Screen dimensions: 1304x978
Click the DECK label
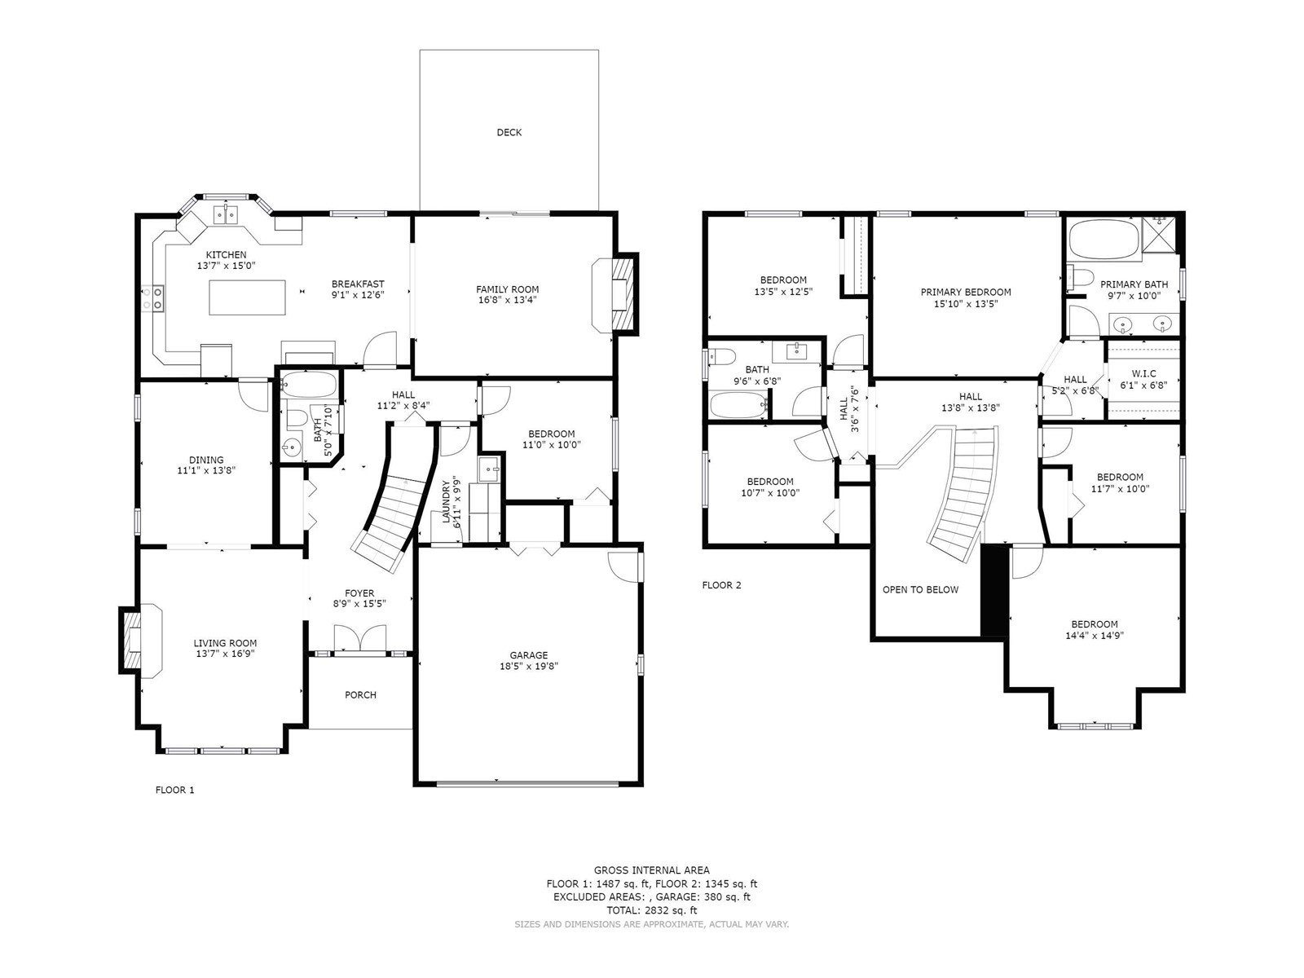[x=509, y=132]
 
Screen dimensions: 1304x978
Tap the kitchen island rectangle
[x=247, y=297]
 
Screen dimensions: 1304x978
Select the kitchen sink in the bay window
[x=226, y=214]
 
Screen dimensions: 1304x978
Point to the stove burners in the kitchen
[x=152, y=298]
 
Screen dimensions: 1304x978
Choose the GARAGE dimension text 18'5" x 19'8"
[x=529, y=666]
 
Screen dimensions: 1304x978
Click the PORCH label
[x=360, y=694]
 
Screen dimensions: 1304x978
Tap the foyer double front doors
[x=360, y=640]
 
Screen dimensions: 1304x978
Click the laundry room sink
[x=490, y=469]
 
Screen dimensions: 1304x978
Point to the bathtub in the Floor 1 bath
[x=308, y=385]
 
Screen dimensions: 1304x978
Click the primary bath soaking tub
[x=1104, y=239]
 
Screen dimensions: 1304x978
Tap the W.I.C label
[x=1143, y=373]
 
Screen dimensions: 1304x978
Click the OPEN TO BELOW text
[x=920, y=589]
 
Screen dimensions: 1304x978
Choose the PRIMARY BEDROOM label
[x=966, y=292]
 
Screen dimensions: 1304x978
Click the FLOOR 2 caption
[x=722, y=585]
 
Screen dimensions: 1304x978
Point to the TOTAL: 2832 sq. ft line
[x=652, y=910]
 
